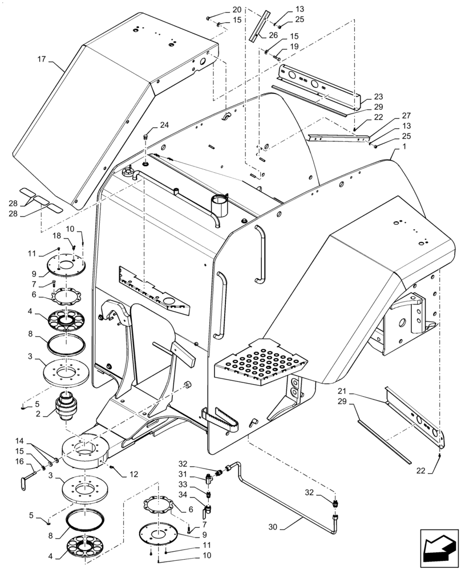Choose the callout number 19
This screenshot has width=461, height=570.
[294, 46]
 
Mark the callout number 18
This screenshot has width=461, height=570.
[57, 236]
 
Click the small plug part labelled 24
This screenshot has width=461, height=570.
[145, 137]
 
